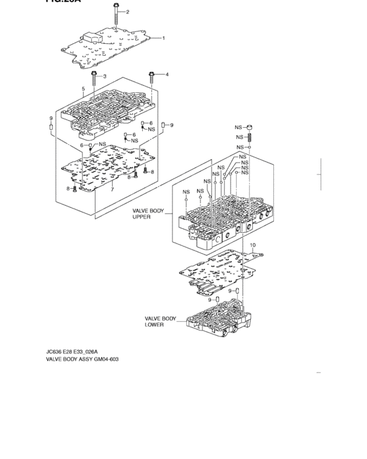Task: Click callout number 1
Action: (x=163, y=38)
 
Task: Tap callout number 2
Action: (x=127, y=12)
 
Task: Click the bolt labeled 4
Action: (x=151, y=79)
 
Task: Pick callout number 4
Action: (x=166, y=75)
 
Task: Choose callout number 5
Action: (x=84, y=89)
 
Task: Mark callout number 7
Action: (x=112, y=190)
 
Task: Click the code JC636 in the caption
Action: (x=56, y=351)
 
